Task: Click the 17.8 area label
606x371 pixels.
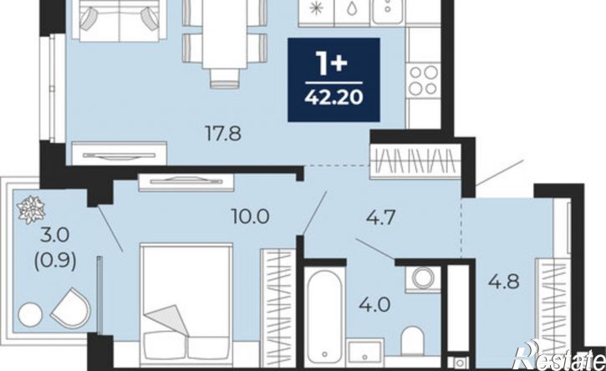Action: [223, 134]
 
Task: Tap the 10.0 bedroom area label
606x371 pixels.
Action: [250, 216]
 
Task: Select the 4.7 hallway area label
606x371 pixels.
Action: [381, 217]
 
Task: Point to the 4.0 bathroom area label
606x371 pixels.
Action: [374, 305]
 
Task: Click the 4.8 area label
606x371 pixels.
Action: [503, 282]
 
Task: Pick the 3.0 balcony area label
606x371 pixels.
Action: [55, 235]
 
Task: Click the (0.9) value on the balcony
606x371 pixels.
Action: [55, 262]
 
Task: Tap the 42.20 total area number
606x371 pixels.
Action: [334, 97]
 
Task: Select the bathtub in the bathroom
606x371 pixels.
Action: [324, 317]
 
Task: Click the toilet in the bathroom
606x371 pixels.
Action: [412, 340]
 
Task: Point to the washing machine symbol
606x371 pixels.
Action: [423, 279]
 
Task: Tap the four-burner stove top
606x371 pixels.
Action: [423, 80]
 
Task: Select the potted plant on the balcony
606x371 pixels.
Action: [31, 210]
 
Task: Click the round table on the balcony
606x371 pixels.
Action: [30, 315]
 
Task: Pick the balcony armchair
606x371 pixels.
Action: [71, 307]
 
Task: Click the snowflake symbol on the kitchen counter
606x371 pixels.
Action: [316, 8]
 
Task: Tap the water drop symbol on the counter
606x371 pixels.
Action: [351, 8]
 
